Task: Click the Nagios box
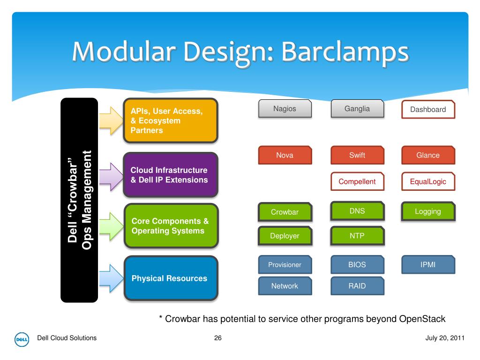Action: tap(285, 109)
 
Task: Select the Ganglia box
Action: tap(357, 109)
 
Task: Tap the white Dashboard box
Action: tap(428, 109)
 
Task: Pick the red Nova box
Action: tap(285, 155)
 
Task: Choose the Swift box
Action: tap(357, 155)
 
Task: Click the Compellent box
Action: tap(357, 181)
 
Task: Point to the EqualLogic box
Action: tap(428, 181)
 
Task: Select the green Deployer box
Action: tap(285, 236)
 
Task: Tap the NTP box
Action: tap(357, 236)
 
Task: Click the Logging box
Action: tap(428, 211)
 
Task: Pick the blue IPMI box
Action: tap(428, 264)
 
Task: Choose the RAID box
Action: tap(357, 286)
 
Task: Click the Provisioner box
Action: tap(285, 264)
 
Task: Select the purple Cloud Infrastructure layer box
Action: tap(171, 175)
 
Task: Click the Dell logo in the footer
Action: tap(22, 339)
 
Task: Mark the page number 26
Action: tap(217, 338)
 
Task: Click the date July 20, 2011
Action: tap(445, 338)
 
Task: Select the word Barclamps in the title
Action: tap(345, 52)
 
